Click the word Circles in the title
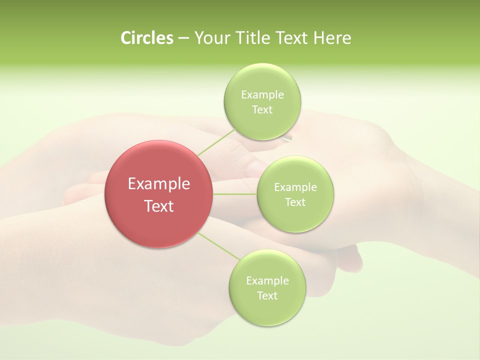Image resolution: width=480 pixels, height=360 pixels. pos(146,38)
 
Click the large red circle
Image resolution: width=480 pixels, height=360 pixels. pos(159,194)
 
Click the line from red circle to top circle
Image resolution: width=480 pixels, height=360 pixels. pos(216,142)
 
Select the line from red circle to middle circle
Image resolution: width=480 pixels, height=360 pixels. pos(235,194)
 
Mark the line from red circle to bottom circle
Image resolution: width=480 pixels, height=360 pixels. pos(219,245)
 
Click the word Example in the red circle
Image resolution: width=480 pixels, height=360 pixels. pos(159,184)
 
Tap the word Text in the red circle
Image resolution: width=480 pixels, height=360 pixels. pos(159,206)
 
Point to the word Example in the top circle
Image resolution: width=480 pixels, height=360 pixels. pos(262,94)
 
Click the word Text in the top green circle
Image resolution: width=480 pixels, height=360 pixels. pos(262,110)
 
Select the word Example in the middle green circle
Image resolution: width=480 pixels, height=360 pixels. pos(295,187)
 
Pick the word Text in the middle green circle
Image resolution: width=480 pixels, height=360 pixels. pos(295,202)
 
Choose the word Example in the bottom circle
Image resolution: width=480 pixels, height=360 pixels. pos(267,280)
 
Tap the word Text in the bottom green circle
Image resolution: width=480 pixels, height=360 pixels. pos(267,296)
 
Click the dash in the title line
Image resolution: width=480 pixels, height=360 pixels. pos(183,38)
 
